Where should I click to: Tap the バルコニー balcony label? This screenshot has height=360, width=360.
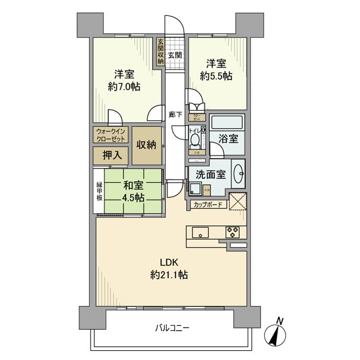172,327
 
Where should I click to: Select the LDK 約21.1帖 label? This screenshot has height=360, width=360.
169,268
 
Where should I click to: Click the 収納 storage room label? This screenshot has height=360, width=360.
147,146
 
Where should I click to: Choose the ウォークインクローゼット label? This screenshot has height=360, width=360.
111,135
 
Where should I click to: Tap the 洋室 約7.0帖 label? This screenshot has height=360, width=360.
124,80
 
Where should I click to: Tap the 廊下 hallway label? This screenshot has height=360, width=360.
175,114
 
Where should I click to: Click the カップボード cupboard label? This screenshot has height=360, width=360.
208,205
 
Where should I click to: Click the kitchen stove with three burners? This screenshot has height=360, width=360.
232,232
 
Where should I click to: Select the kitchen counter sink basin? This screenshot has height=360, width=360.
200,232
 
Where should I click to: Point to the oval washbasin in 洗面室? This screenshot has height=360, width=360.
238,172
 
